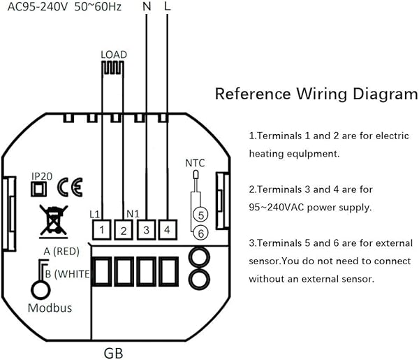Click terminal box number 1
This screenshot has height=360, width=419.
pos(101,229)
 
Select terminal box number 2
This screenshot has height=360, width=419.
pos(123,229)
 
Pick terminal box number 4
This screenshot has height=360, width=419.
pos(167,229)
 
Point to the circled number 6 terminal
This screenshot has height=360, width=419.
pos(199,232)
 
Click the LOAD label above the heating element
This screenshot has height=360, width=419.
pos(113,53)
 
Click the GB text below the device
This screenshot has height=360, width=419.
pos(115,351)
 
